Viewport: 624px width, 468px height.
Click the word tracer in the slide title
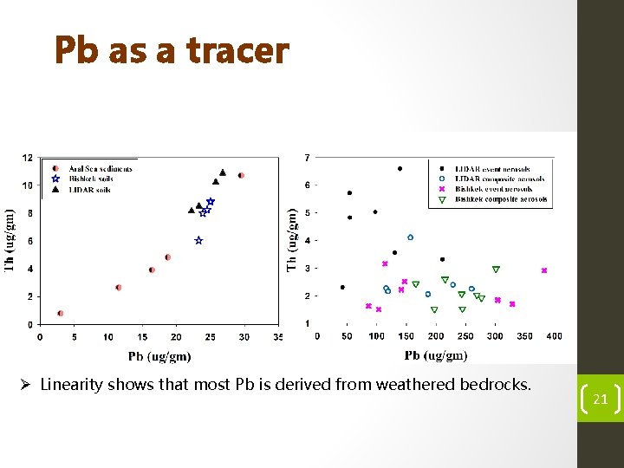tap(237, 50)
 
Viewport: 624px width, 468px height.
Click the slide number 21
tap(599, 400)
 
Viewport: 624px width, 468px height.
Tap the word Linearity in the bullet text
tap(70, 384)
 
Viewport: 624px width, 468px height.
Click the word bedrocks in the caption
tap(494, 384)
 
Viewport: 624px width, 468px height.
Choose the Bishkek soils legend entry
tap(91, 179)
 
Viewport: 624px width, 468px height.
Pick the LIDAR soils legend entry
tap(90, 189)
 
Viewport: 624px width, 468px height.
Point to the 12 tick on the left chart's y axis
tap(28, 158)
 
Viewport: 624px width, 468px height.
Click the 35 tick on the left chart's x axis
tap(277, 336)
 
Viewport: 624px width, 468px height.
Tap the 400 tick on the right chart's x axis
tap(555, 336)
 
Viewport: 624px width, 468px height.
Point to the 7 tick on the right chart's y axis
tap(306, 158)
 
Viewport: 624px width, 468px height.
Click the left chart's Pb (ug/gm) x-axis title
tap(159, 356)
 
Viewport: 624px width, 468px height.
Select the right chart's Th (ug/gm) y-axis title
tap(292, 238)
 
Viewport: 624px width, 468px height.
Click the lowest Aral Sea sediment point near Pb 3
tap(60, 313)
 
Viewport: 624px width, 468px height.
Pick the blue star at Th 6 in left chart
tap(198, 241)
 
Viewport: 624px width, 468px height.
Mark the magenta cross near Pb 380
tap(544, 270)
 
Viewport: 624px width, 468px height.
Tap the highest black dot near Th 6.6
tap(400, 168)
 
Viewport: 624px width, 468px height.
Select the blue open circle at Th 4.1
tap(411, 237)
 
